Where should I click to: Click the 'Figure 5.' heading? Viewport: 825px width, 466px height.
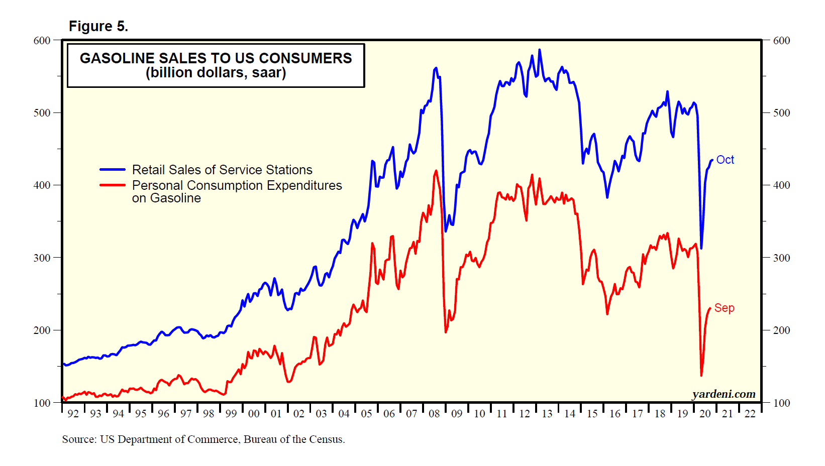(x=98, y=26)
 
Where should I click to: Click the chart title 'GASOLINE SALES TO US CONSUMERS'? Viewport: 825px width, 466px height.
(x=216, y=58)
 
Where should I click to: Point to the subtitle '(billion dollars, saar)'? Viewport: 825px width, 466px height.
(x=216, y=73)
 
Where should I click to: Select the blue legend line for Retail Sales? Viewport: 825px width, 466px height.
(x=113, y=170)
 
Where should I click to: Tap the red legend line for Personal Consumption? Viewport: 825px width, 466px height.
(x=113, y=185)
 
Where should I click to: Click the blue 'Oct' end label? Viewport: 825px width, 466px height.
(x=725, y=160)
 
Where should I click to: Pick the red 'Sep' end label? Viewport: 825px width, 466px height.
(x=724, y=308)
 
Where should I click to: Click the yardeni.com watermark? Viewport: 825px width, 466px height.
(x=724, y=394)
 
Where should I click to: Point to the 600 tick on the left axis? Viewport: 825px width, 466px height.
(x=42, y=41)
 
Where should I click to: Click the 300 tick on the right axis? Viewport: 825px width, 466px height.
(x=781, y=258)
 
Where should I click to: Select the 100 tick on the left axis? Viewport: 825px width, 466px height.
(x=42, y=403)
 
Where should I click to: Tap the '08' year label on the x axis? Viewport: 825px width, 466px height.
(x=434, y=414)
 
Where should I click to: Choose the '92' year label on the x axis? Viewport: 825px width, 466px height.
(x=73, y=414)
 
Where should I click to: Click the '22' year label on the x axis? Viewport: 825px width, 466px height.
(x=750, y=414)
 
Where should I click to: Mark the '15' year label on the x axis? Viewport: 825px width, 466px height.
(x=592, y=414)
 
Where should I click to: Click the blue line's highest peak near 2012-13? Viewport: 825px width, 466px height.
(x=540, y=50)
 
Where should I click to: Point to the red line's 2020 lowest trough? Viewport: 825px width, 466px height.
(x=701, y=375)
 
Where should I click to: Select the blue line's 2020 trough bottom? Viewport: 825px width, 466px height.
(x=701, y=248)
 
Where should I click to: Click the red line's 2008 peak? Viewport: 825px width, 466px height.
(x=436, y=171)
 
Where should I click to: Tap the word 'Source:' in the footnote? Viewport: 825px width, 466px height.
(x=79, y=439)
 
